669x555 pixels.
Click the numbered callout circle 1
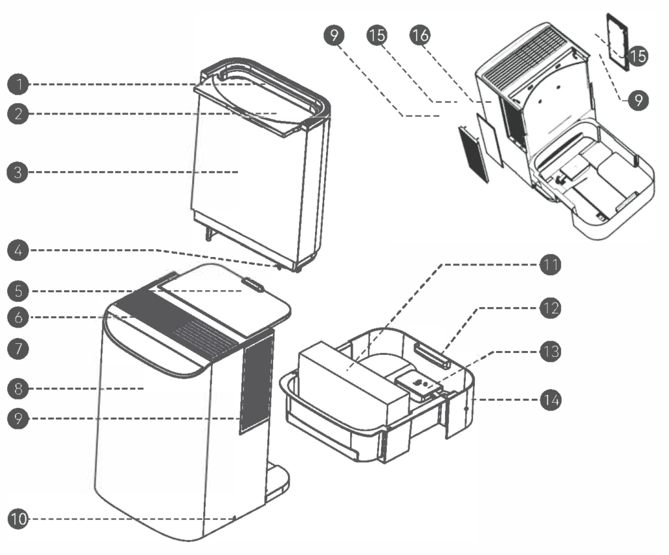pos(20,84)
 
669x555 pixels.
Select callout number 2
pos(20,114)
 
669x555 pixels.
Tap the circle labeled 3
pos(20,173)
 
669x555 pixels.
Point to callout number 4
pos(20,250)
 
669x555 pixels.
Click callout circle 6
pos(20,317)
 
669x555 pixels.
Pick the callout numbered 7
pos(20,348)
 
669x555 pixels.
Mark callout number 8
pos(20,389)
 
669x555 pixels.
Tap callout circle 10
pos(20,519)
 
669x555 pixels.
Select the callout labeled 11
pos(550,265)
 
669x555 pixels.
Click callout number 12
pos(550,307)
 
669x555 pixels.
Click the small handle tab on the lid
pos(253,286)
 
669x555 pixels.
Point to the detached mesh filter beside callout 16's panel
pos(474,154)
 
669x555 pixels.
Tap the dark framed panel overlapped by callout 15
pos(617,41)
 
